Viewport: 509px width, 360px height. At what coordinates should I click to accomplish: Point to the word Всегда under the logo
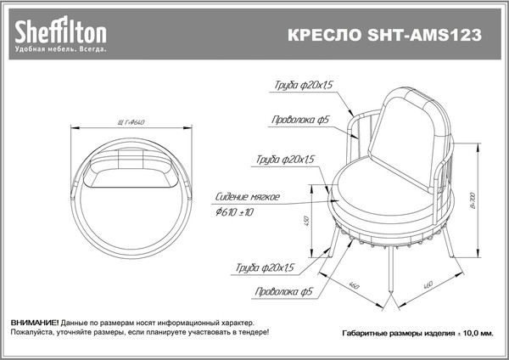pos(93,50)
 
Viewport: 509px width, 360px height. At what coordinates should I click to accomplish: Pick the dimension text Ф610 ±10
pos(235,211)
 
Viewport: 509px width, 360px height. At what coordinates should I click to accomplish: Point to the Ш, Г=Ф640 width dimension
pos(131,122)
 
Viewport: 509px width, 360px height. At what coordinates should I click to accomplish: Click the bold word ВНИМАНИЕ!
pos(35,324)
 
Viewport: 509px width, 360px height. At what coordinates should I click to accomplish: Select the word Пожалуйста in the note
pos(33,334)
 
